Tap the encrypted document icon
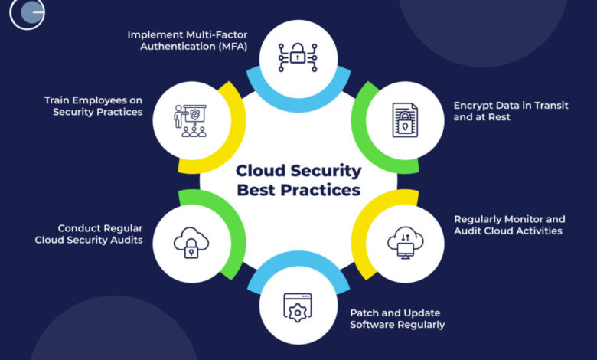pyautogui.click(x=405, y=119)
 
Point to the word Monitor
pyautogui.click(x=522, y=218)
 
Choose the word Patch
pyautogui.click(x=364, y=313)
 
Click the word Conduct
pyautogui.click(x=80, y=227)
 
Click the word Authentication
pyautogui.click(x=180, y=47)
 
